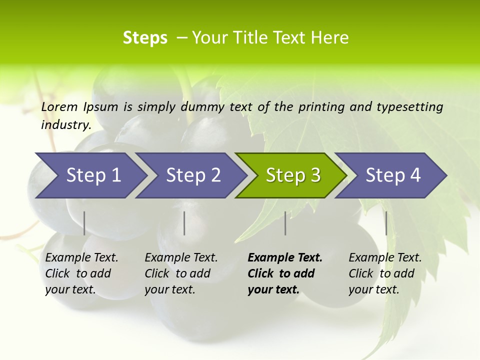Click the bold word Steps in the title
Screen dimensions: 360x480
pyautogui.click(x=145, y=38)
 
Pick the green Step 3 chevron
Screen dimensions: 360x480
pyautogui.click(x=290, y=175)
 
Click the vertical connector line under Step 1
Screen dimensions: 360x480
pyautogui.click(x=84, y=223)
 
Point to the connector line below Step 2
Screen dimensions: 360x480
pyautogui.click(x=184, y=223)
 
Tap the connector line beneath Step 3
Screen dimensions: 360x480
pyautogui.click(x=285, y=223)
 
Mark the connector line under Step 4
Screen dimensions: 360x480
pyautogui.click(x=386, y=223)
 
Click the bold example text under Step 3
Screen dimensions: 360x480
pyautogui.click(x=285, y=273)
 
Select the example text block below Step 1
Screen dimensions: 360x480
pyautogui.click(x=81, y=273)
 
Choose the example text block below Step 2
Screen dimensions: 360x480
pyautogui.click(x=181, y=273)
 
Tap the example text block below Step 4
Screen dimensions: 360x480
pyautogui.click(x=385, y=273)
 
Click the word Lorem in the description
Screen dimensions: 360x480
pyautogui.click(x=59, y=106)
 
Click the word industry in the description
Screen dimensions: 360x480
pyautogui.click(x=65, y=124)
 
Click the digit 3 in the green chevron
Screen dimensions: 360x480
pyautogui.click(x=315, y=175)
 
